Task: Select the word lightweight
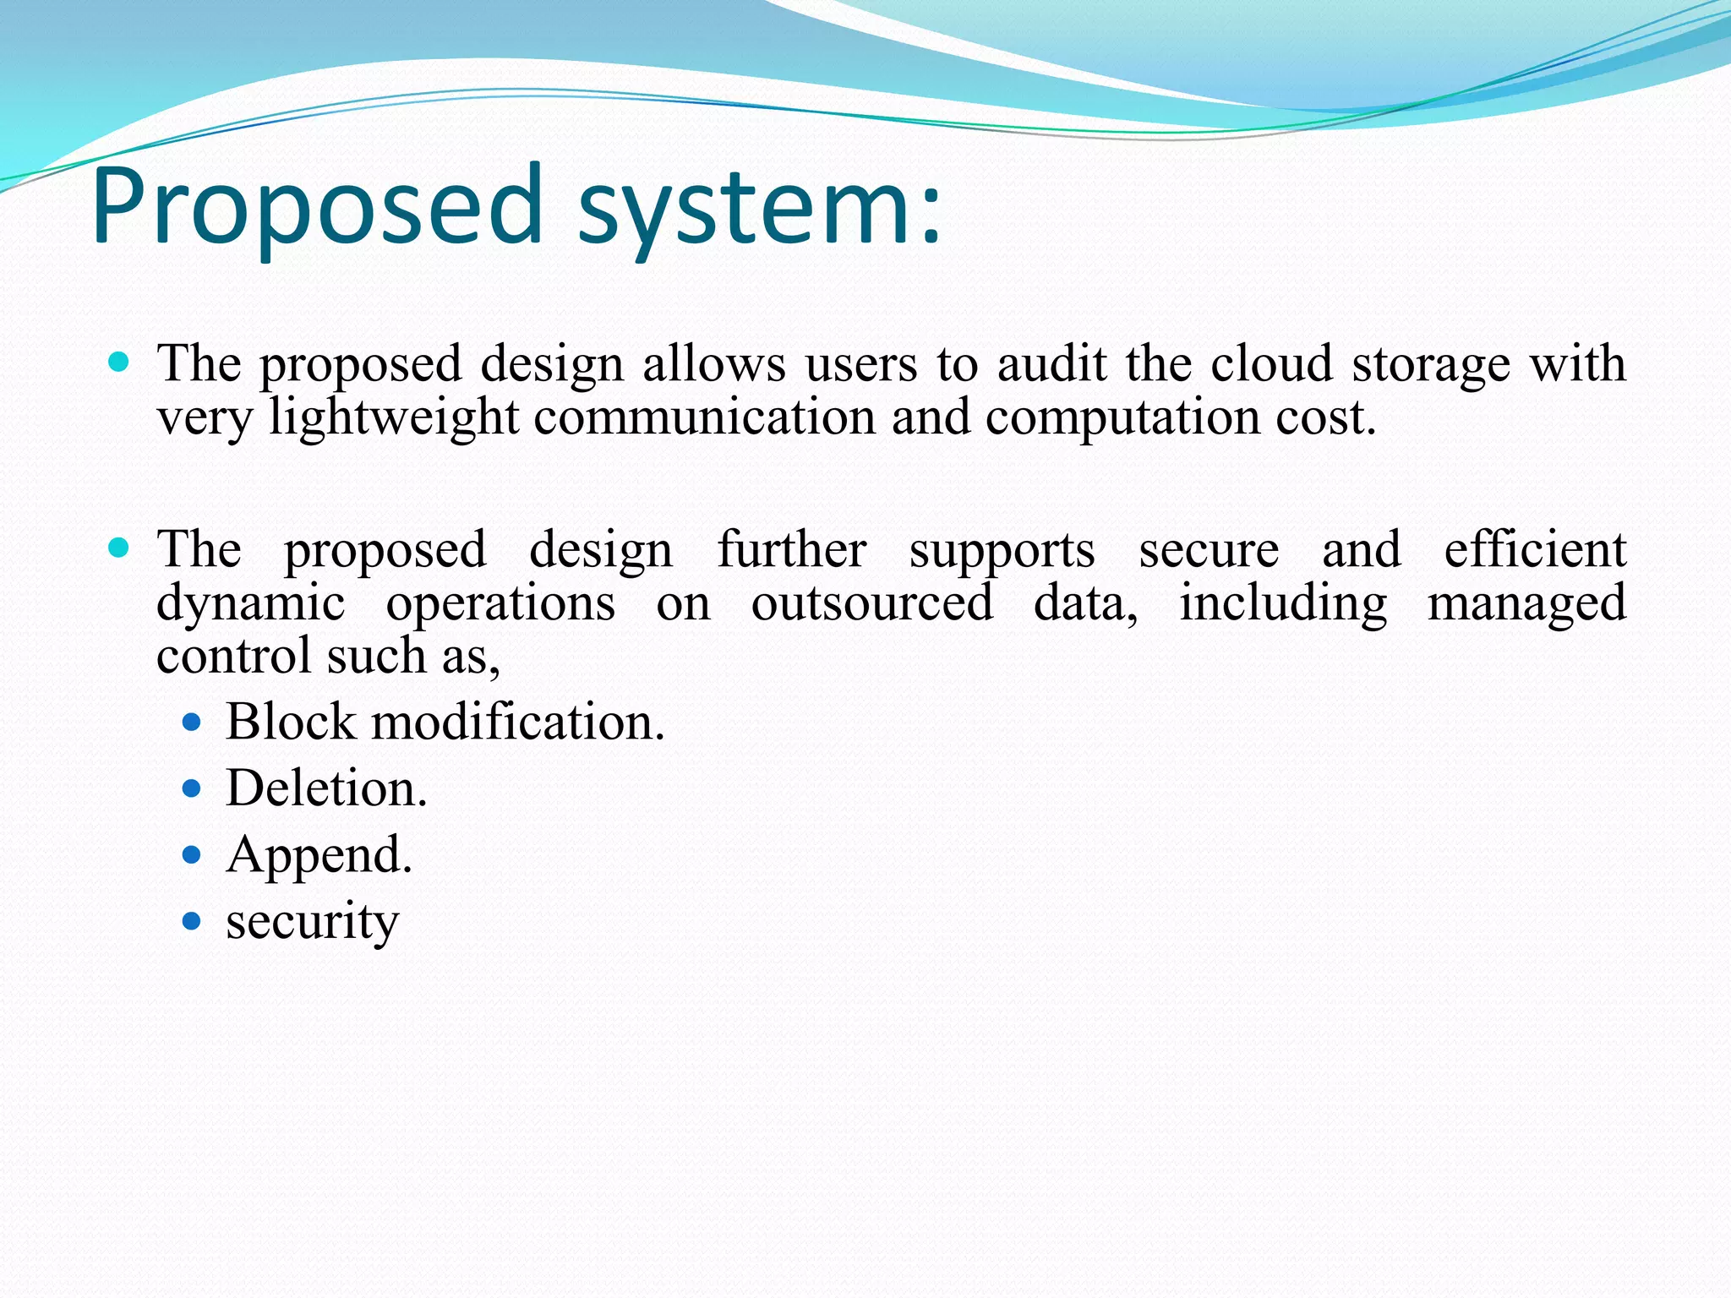394,418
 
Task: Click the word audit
1051,364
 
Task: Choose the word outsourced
872,603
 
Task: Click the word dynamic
251,605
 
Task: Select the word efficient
1534,549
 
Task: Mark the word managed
1526,605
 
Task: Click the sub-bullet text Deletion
326,788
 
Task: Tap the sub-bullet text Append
319,856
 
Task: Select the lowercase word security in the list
312,922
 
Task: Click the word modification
517,723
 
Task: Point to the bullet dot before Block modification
192,723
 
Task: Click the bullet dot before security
192,921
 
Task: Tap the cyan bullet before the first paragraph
119,363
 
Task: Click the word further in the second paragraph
791,549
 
